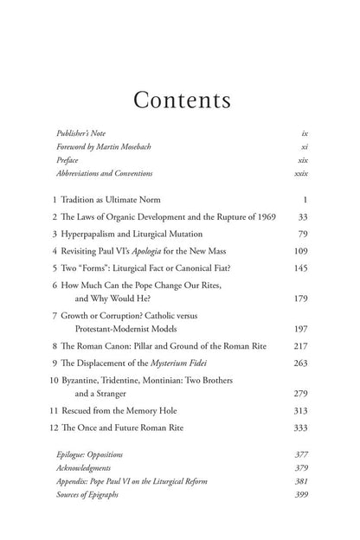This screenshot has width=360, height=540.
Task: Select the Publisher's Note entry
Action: (82, 134)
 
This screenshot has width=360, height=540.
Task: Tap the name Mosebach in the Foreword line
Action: (155, 147)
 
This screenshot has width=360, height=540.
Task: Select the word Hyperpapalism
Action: (93, 234)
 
